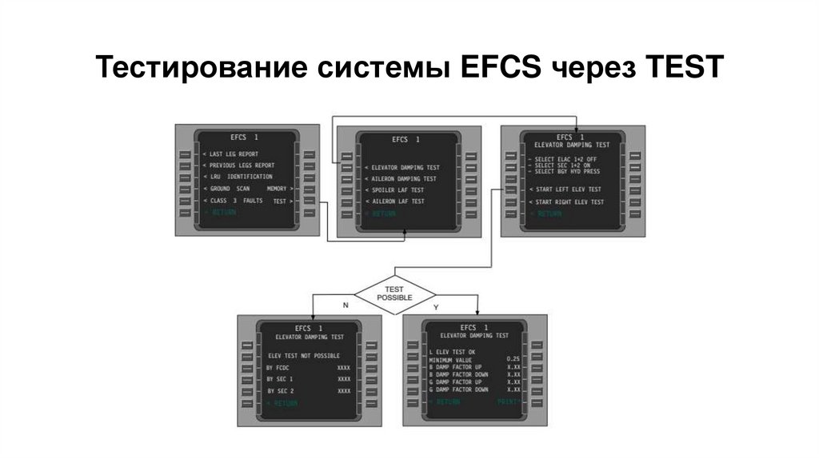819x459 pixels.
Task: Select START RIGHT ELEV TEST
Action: tap(569, 202)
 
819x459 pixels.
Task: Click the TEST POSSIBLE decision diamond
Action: tap(395, 293)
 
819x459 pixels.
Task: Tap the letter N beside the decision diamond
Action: tap(346, 305)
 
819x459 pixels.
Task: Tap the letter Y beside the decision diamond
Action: tap(436, 305)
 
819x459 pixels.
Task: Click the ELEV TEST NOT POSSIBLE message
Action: tap(304, 355)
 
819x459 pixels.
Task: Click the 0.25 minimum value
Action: tap(513, 359)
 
